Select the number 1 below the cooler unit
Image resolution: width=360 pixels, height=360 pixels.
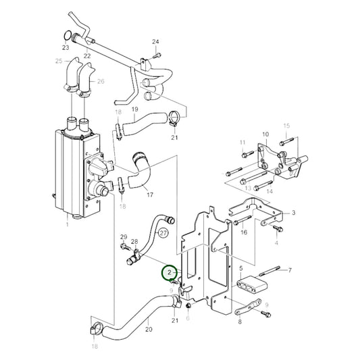[67, 225]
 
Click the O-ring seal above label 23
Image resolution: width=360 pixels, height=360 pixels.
[66, 36]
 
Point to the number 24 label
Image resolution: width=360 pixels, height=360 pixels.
[156, 42]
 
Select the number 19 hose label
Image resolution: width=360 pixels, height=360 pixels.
[134, 109]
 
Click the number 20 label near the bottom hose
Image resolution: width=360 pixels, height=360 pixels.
[149, 330]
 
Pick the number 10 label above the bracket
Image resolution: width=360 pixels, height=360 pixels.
[265, 135]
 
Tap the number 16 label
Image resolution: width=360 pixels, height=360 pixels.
[244, 232]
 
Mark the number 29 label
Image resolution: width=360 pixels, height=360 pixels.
[123, 236]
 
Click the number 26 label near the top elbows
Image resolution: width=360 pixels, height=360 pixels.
[101, 81]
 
